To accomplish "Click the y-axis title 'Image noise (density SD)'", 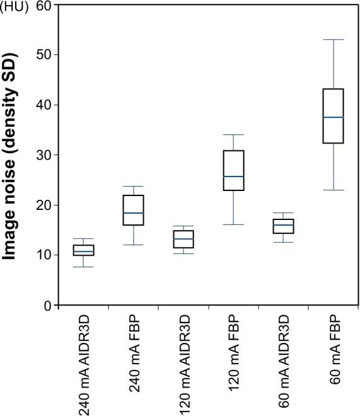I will tap(11, 155).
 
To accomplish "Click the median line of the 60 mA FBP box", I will tap(333, 117).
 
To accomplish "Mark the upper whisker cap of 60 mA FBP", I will tap(333, 40).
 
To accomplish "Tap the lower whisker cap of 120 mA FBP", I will tap(233, 224).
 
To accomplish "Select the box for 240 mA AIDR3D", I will tap(84, 250).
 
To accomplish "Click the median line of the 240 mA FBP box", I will tap(134, 213).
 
